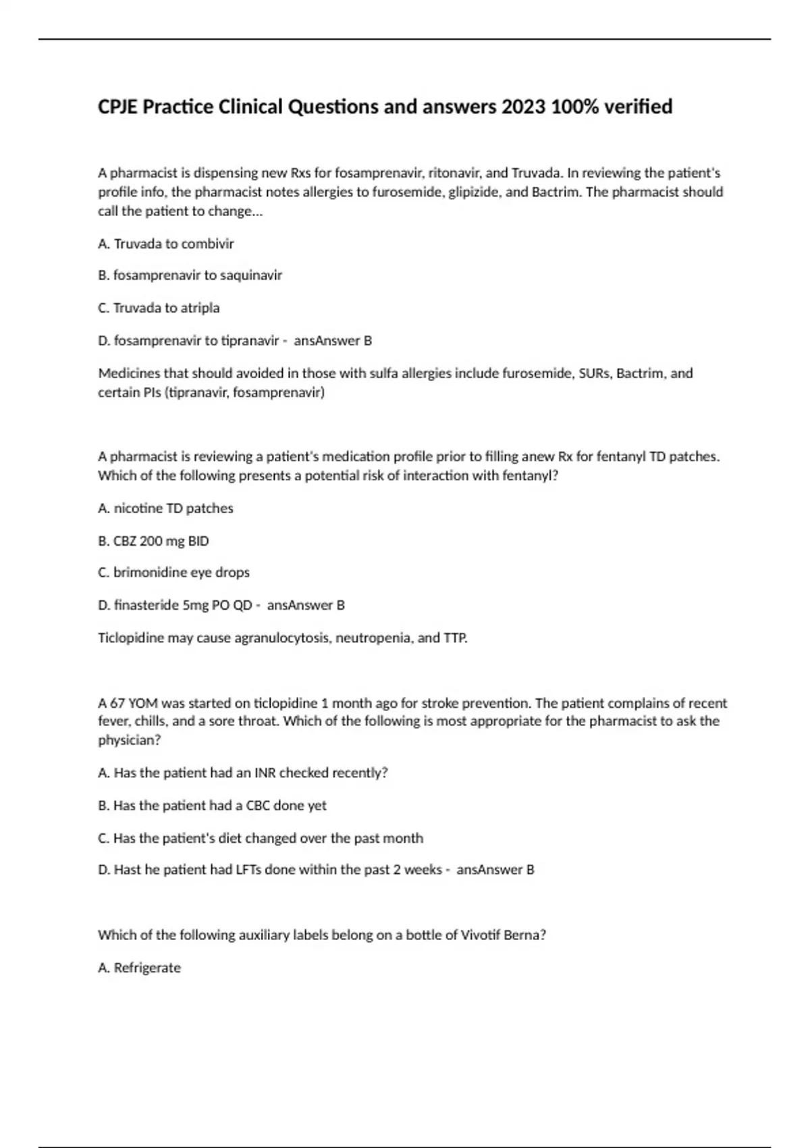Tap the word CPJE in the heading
click(118, 107)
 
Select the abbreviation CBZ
click(124, 541)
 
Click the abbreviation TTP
click(455, 637)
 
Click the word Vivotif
click(482, 935)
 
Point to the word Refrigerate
click(147, 968)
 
